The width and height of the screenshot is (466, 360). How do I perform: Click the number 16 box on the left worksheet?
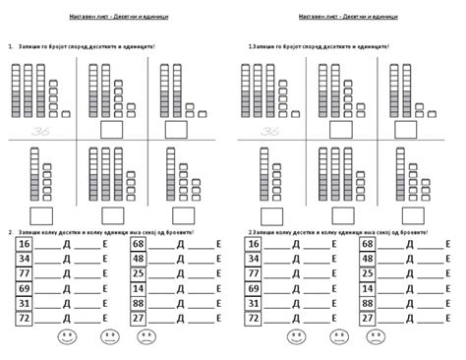coord(25,243)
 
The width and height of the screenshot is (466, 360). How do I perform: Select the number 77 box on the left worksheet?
coord(25,273)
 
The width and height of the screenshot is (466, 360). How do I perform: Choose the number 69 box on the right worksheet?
coord(255,289)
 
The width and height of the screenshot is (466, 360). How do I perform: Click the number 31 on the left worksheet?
coord(25,304)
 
